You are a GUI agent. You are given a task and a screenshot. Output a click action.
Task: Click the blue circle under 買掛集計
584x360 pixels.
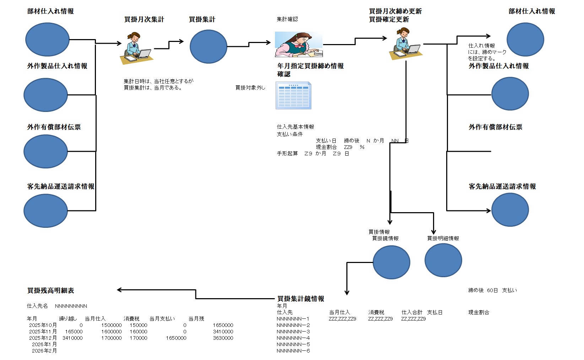point(208,47)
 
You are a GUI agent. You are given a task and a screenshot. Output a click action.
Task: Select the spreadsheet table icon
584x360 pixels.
point(293,96)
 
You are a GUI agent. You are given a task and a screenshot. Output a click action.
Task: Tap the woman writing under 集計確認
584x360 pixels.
point(298,44)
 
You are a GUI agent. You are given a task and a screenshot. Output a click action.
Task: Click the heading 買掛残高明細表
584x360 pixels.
point(51,290)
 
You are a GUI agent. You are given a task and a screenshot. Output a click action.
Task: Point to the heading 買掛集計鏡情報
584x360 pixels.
point(301,299)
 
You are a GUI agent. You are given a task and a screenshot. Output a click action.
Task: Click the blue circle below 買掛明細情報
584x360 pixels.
point(443,260)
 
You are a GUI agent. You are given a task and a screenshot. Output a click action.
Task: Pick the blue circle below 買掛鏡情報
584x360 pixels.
point(391,262)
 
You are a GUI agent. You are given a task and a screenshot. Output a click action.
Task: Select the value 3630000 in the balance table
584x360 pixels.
point(223,338)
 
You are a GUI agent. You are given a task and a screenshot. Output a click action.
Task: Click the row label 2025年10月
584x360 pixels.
point(43,325)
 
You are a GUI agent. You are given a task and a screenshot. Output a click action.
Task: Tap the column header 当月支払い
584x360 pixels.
point(162,319)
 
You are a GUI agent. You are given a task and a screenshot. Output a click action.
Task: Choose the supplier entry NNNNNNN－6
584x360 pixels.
point(293,351)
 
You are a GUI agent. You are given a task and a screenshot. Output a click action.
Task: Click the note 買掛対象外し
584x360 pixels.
point(250,87)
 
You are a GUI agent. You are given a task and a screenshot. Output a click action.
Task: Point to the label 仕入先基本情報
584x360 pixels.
point(295,127)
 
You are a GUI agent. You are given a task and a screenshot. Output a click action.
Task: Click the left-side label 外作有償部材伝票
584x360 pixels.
point(54,127)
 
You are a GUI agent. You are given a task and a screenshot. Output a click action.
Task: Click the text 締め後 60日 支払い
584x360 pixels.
point(492,290)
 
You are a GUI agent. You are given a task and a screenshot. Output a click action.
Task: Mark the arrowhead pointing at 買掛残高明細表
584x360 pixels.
point(119,290)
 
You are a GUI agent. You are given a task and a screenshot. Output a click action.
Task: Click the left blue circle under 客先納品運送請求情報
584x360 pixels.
point(45,210)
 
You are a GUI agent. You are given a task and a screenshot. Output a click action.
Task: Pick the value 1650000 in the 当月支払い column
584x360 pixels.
point(176,338)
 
